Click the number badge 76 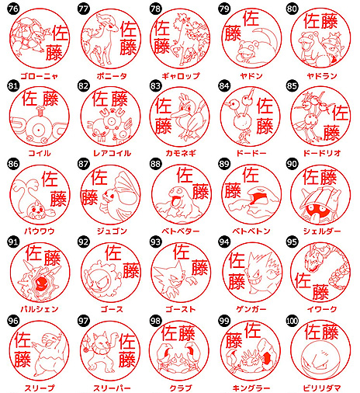coord(13,9)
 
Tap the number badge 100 coord(292,321)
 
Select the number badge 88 coord(155,164)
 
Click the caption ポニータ coord(112,76)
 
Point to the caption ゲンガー coord(251,309)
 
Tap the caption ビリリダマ coord(322,388)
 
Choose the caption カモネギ coord(181,153)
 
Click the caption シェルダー coord(322,231)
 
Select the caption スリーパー coord(112,388)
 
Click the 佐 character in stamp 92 coord(113,252)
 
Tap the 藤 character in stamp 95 coord(320,292)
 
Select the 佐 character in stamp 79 coord(251,18)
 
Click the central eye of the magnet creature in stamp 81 coord(38,130)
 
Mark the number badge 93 coord(155,242)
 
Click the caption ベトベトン coord(251,231)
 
